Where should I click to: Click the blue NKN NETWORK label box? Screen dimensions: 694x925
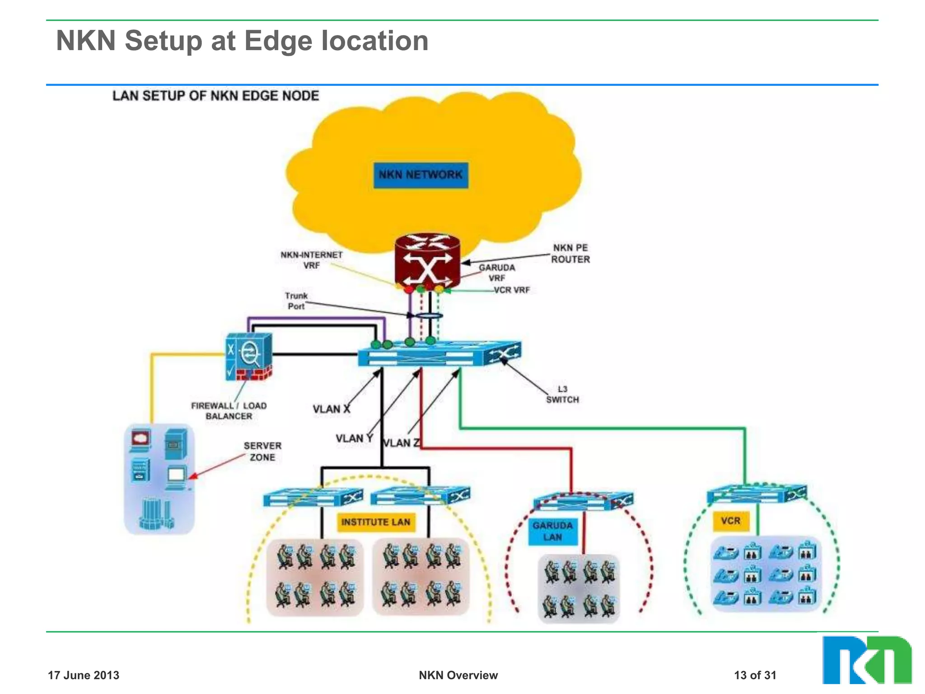click(420, 175)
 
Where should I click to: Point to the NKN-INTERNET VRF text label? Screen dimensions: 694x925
click(312, 260)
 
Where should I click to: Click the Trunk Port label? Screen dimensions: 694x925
click(296, 301)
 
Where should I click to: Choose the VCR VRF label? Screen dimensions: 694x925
click(512, 290)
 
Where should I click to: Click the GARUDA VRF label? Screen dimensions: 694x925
click(497, 272)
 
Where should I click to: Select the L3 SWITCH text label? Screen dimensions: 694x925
click(562, 394)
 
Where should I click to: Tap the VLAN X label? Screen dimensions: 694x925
click(331, 409)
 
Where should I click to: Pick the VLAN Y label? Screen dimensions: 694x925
click(354, 439)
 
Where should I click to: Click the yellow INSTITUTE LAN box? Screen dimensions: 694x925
click(376, 522)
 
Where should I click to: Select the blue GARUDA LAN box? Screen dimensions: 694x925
click(552, 531)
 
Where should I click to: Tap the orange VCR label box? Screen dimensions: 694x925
click(730, 521)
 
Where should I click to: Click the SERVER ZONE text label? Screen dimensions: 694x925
click(262, 451)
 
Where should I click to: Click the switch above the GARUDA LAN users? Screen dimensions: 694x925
click(583, 501)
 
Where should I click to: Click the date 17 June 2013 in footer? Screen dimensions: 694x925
click(84, 675)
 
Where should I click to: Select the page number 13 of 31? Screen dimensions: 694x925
click(755, 675)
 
